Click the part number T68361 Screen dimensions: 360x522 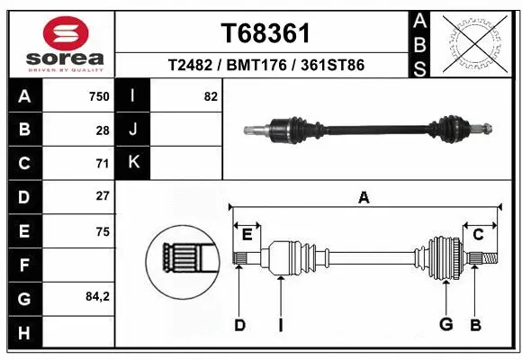(265, 34)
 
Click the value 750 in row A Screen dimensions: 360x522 (98, 96)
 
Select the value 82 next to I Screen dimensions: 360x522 (211, 96)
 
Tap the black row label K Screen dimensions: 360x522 (134, 162)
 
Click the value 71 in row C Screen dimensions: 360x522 (102, 163)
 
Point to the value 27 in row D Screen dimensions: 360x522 (102, 195)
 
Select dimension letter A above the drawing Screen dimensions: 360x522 (364, 198)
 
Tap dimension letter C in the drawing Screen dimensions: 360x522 (479, 235)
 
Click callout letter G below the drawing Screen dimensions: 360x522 (445, 325)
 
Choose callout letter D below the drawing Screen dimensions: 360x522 (239, 325)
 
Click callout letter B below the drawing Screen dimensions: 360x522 (475, 325)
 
